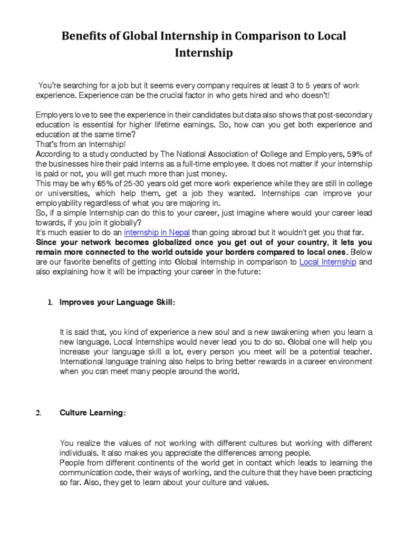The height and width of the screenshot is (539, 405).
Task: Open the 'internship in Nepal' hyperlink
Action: point(157,232)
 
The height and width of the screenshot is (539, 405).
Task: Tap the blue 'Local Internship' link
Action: point(327,262)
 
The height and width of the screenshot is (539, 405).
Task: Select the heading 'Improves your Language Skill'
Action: point(117,303)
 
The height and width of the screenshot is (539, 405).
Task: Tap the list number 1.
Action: point(50,303)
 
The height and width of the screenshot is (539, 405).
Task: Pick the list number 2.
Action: point(38,413)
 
